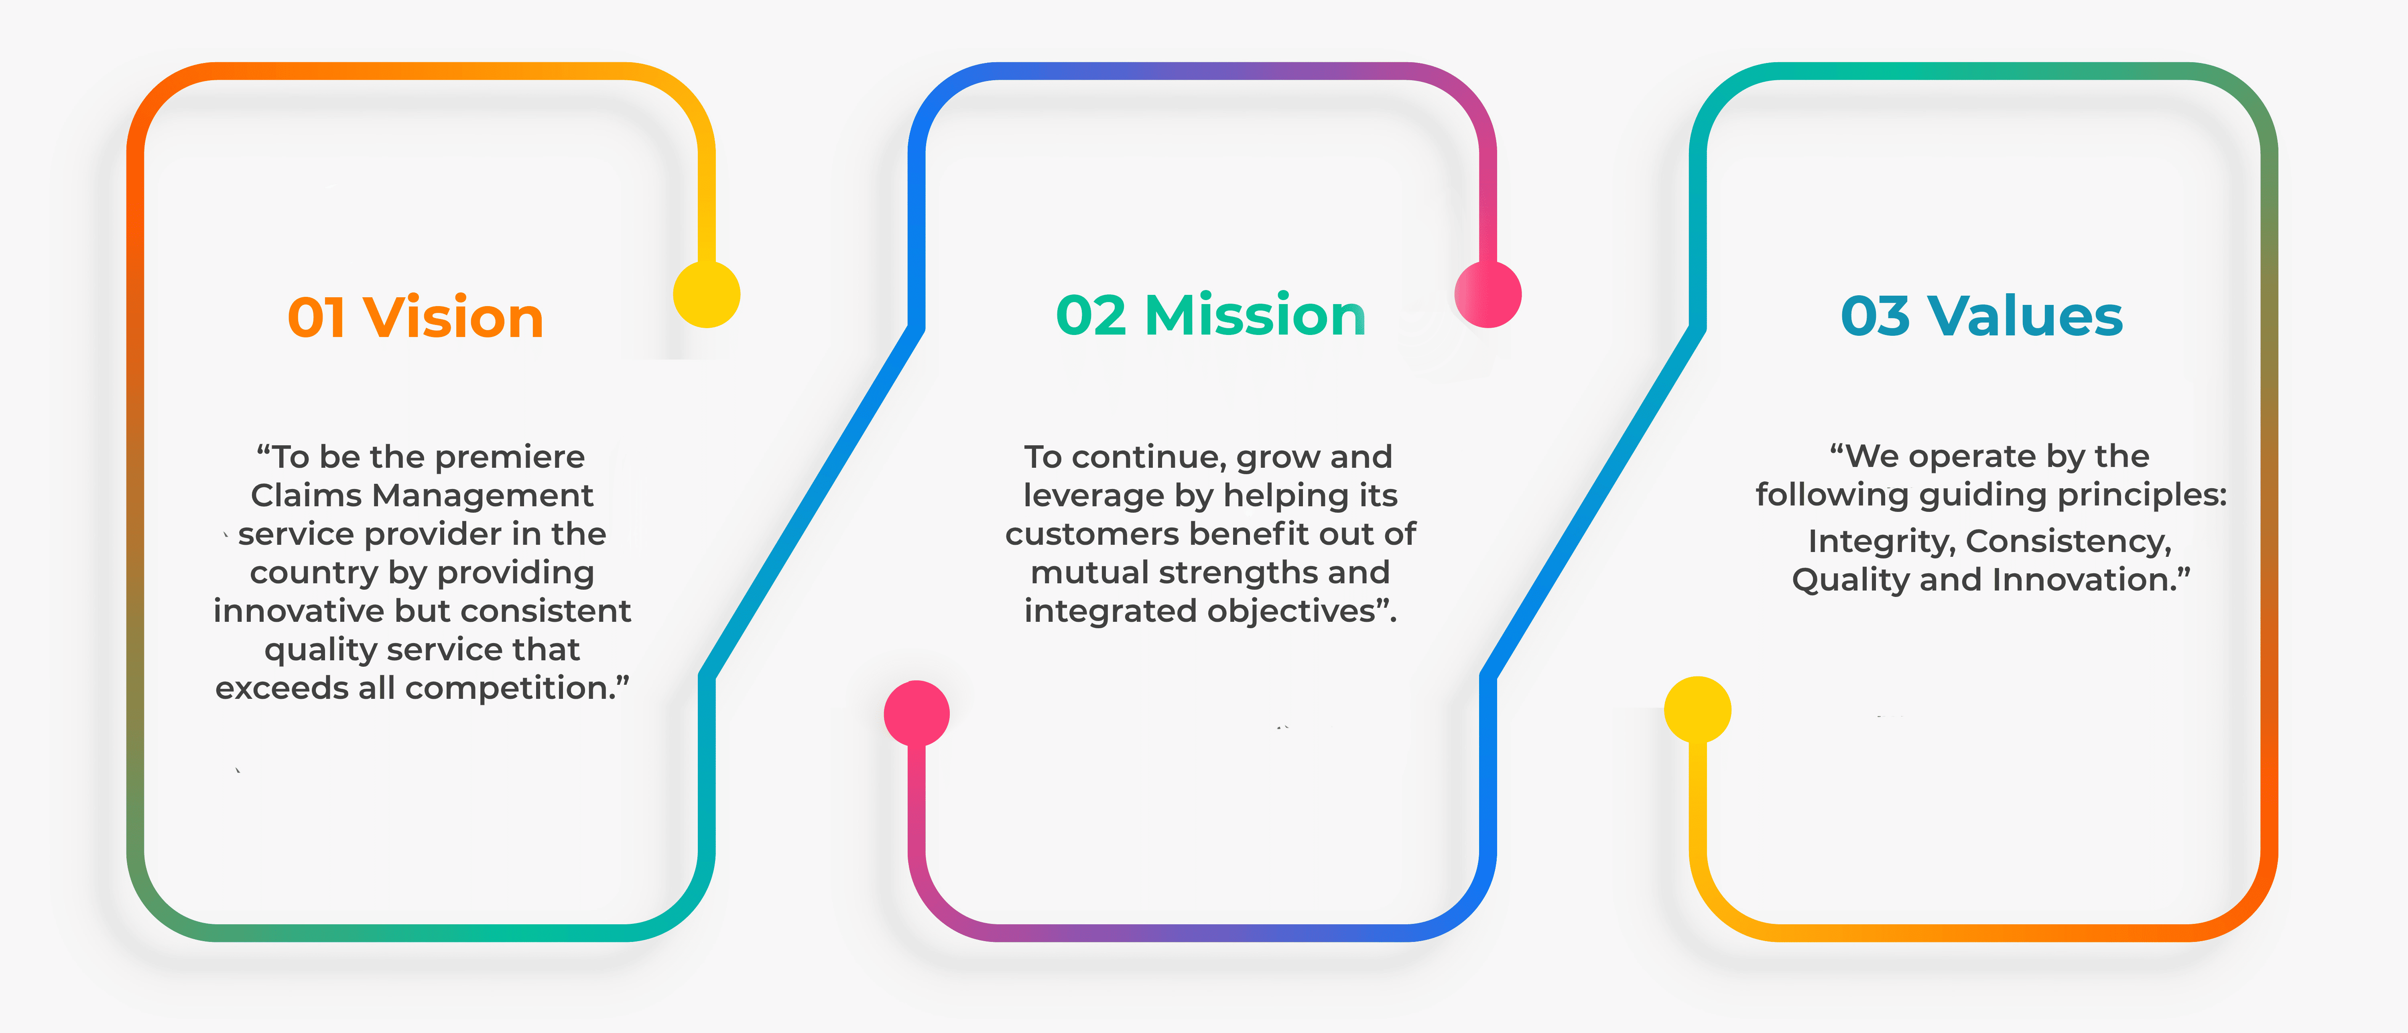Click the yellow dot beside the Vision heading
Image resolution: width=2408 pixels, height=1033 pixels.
click(707, 294)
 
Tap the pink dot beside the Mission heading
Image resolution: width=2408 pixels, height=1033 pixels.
click(1488, 294)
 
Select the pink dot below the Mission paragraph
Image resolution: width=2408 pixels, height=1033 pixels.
click(917, 713)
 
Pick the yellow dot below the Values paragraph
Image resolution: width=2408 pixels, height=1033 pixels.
click(1698, 710)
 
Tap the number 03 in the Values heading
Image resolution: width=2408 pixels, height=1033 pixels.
click(1875, 316)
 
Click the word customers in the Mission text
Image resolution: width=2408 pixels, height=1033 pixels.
click(1092, 534)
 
